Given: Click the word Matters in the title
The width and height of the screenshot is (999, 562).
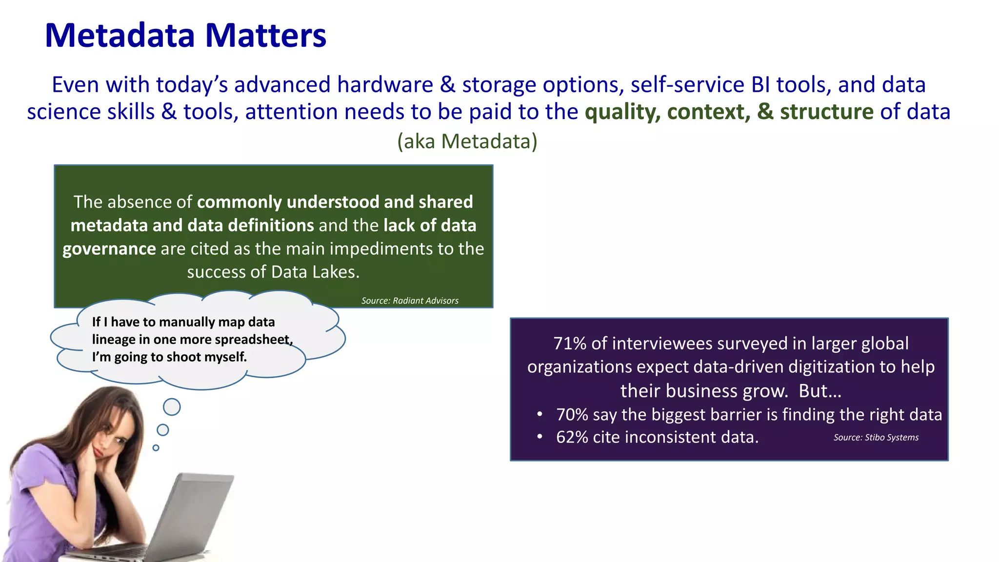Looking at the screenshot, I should coord(265,36).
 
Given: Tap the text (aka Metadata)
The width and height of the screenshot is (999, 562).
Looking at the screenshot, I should coord(467,141).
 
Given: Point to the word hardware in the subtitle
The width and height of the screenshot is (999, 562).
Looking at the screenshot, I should coord(385,85).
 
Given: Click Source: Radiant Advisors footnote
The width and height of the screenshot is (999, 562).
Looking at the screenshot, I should coord(410,301).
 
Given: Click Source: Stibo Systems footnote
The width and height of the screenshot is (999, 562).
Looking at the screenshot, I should coord(876,437).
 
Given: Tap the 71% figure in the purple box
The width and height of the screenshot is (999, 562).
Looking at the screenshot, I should coord(569,343).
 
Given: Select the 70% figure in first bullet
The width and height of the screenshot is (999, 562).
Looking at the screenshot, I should coord(572,414).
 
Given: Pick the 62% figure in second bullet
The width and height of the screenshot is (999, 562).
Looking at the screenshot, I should coord(572,437).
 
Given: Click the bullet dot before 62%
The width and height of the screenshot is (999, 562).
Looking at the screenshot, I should coord(539,437).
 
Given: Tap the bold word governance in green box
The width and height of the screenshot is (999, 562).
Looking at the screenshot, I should coord(109,249).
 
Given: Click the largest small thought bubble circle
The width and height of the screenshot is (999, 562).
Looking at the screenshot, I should coord(172,406).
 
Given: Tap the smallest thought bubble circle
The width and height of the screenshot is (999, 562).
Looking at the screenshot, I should coord(156,447).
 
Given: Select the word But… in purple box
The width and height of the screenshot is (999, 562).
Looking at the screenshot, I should coord(819,391).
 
